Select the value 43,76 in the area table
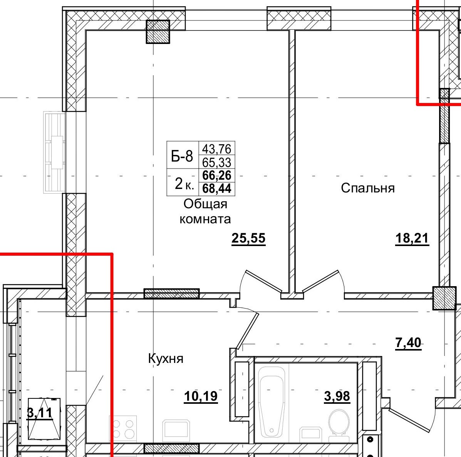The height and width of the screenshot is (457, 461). coord(216,148)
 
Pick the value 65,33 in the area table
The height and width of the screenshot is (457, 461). coord(216,162)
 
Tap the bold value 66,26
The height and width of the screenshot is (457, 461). coord(216,175)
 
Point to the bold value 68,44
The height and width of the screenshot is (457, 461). coord(216,189)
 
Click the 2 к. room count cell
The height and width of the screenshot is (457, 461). coord(183,184)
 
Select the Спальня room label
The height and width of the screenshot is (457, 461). coord(367,188)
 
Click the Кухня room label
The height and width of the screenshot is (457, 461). coord(166,359)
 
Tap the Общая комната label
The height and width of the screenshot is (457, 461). coord(205,211)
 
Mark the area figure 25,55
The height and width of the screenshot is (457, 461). coord(248,238)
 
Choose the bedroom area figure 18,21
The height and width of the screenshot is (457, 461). coord(412,238)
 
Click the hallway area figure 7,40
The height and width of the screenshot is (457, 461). coord(408,342)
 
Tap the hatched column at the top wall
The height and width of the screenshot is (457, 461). coord(158,32)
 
